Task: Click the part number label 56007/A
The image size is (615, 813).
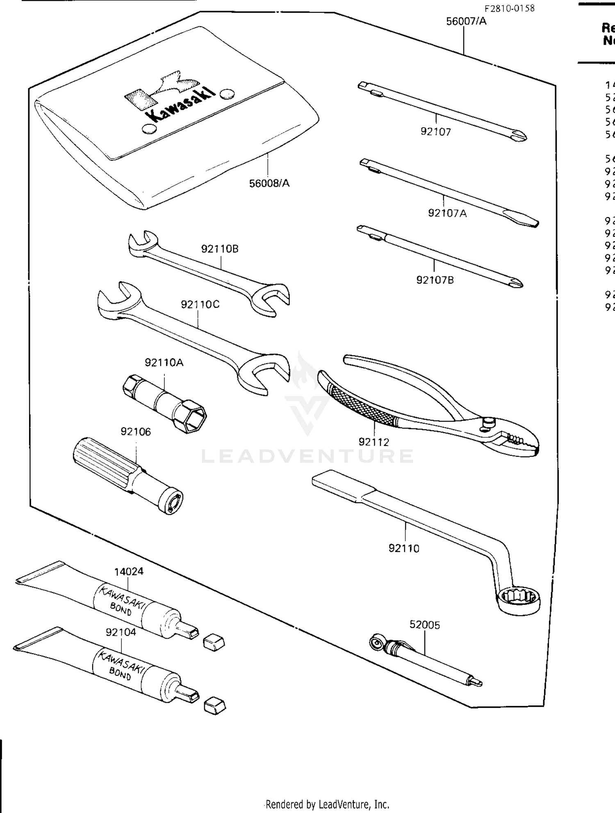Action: [466, 21]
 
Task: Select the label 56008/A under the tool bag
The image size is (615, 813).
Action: [269, 183]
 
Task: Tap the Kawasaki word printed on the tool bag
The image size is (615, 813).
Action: [180, 105]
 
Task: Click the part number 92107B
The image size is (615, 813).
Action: [435, 280]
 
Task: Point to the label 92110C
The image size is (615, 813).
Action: [200, 304]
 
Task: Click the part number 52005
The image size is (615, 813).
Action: [425, 625]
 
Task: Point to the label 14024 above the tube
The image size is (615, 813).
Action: [129, 571]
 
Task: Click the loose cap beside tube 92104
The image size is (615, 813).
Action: [214, 705]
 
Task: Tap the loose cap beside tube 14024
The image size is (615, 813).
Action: [214, 641]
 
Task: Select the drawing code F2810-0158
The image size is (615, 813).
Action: [510, 9]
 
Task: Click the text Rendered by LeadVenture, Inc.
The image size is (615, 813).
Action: [327, 804]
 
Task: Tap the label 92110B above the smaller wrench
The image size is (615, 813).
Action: [219, 249]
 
